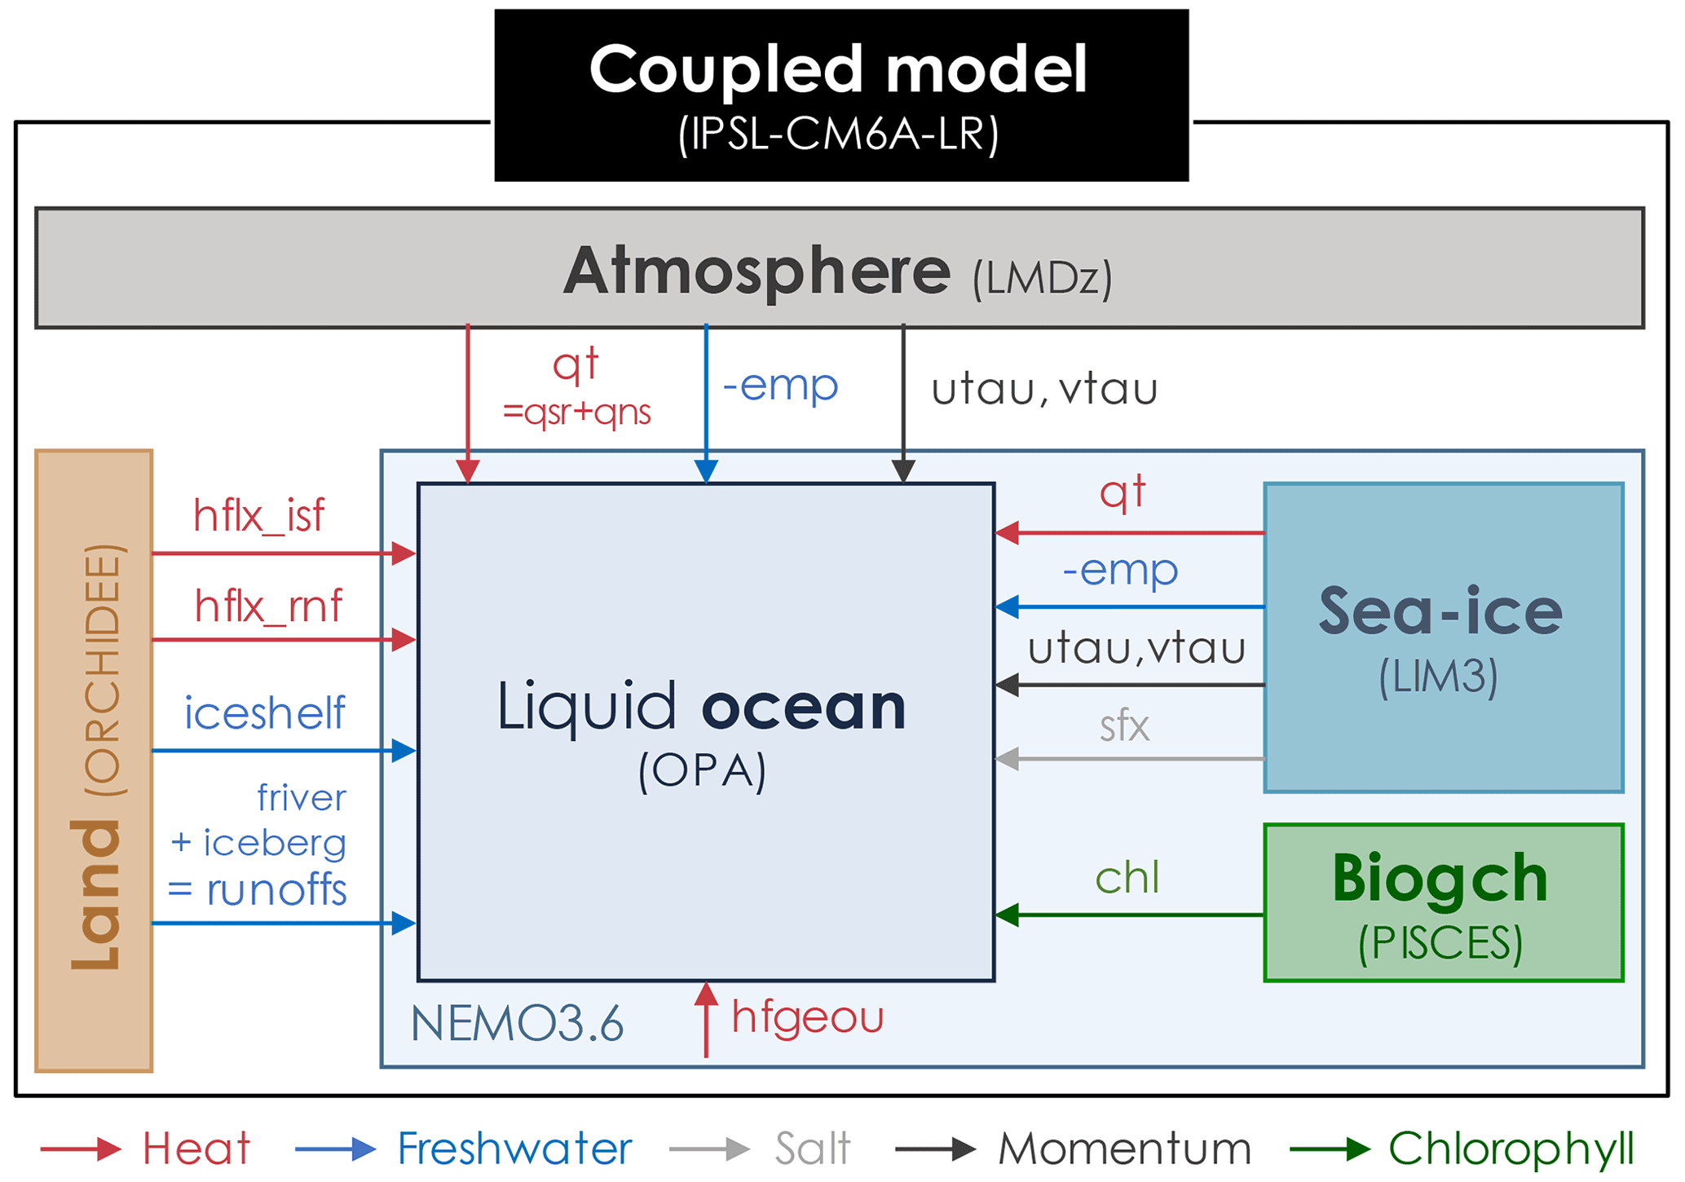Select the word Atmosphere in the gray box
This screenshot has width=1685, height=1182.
click(756, 271)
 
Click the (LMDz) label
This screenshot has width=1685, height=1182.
click(1042, 279)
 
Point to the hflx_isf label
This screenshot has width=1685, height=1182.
click(258, 516)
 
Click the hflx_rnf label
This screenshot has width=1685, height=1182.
click(268, 606)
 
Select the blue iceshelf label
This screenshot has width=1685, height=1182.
click(264, 713)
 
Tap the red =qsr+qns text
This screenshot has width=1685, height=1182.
click(576, 412)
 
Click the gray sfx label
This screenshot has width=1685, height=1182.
click(1124, 726)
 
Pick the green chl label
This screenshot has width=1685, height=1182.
click(1127, 878)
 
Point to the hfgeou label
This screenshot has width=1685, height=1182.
click(807, 1017)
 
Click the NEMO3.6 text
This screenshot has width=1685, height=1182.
click(517, 1024)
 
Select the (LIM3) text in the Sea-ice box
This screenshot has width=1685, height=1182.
click(1438, 677)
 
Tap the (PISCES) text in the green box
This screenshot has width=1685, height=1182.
click(1440, 944)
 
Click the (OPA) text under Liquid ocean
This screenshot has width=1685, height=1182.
click(702, 770)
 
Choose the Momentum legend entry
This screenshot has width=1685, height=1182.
click(1124, 1149)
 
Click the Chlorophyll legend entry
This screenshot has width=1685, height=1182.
click(1511, 1149)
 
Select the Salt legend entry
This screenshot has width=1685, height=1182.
click(812, 1149)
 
